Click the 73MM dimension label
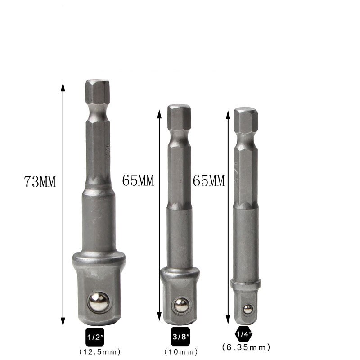pyautogui.click(x=40, y=182)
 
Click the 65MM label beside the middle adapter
pyautogui.click(x=138, y=181)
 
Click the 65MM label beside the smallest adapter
pyautogui.click(x=208, y=181)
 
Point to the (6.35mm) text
pyautogui.click(x=246, y=347)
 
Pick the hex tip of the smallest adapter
pyautogui.click(x=246, y=118)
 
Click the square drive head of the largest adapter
pyautogui.click(x=97, y=292)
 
